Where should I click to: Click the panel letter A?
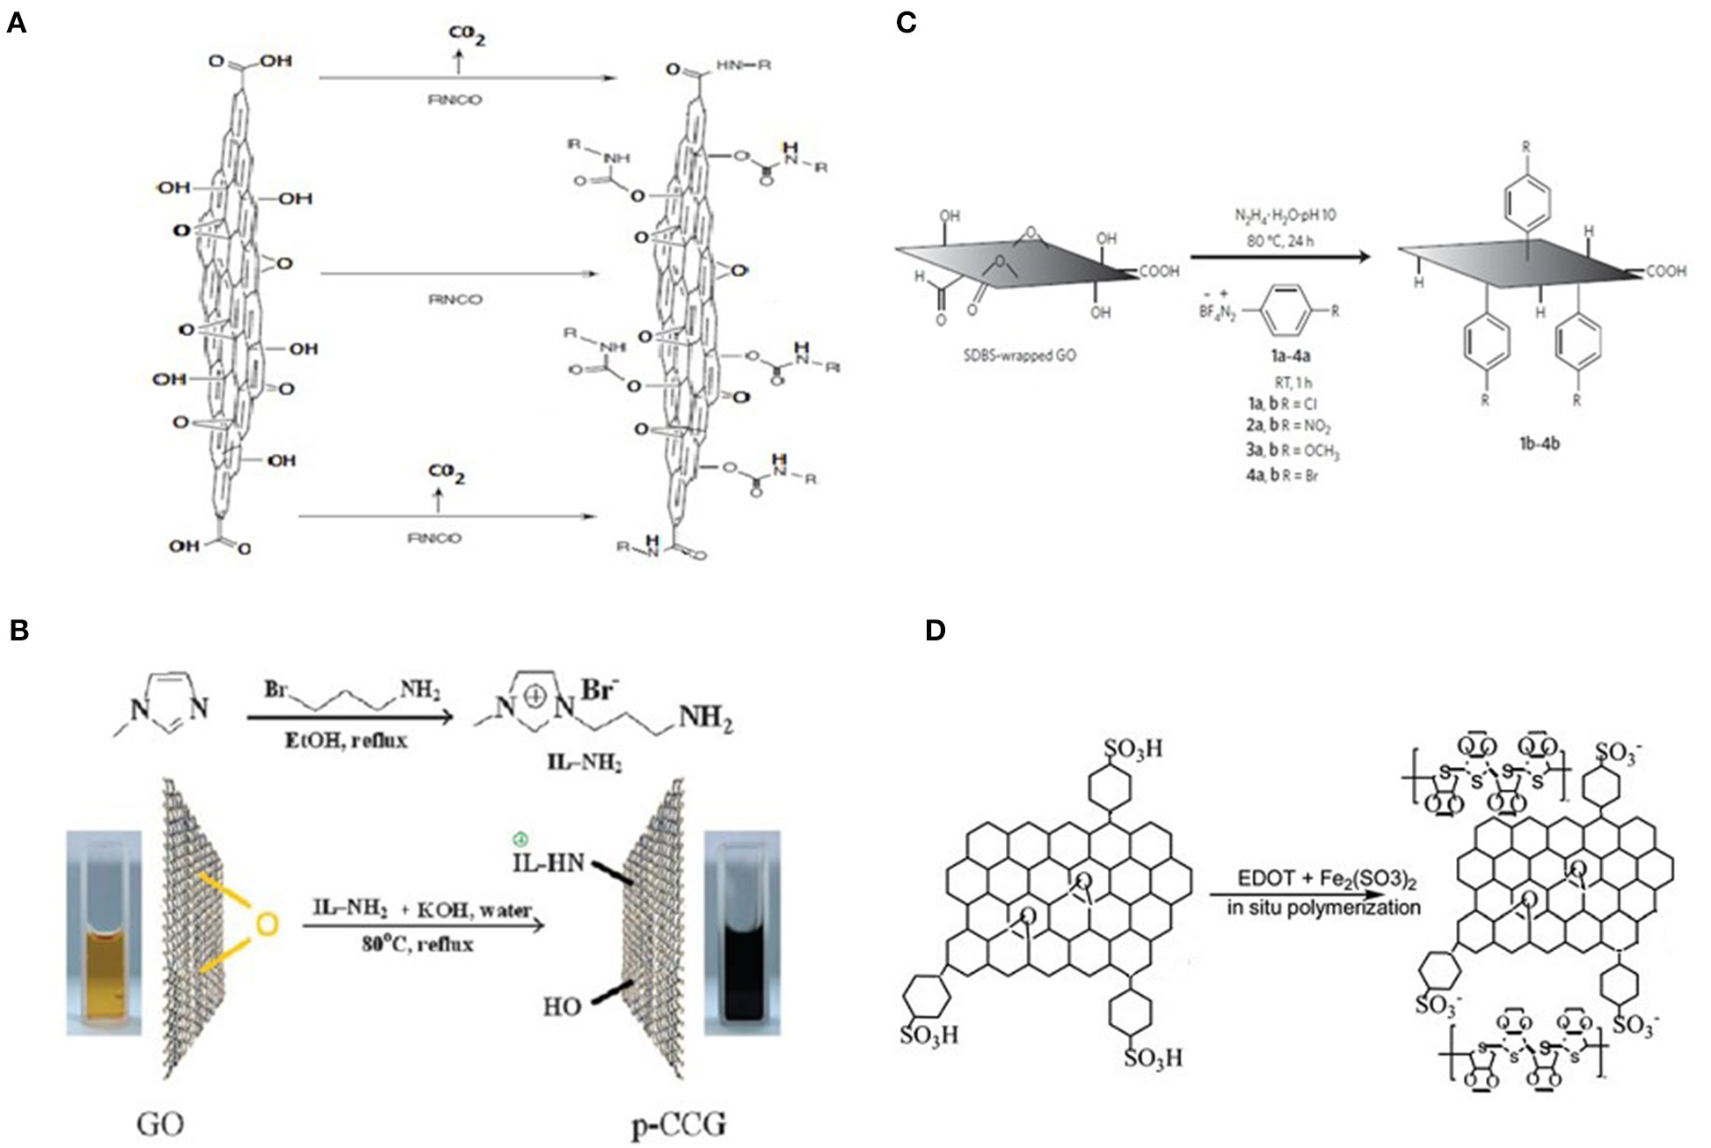[x=16, y=23]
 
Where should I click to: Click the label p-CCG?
[x=680, y=1124]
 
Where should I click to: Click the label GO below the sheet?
[x=161, y=1124]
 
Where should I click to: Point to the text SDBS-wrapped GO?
[x=1020, y=357]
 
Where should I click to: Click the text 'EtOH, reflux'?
[x=358, y=740]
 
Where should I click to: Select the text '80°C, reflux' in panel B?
[x=417, y=945]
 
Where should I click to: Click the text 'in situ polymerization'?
[x=1324, y=907]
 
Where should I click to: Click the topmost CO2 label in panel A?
[x=468, y=35]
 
